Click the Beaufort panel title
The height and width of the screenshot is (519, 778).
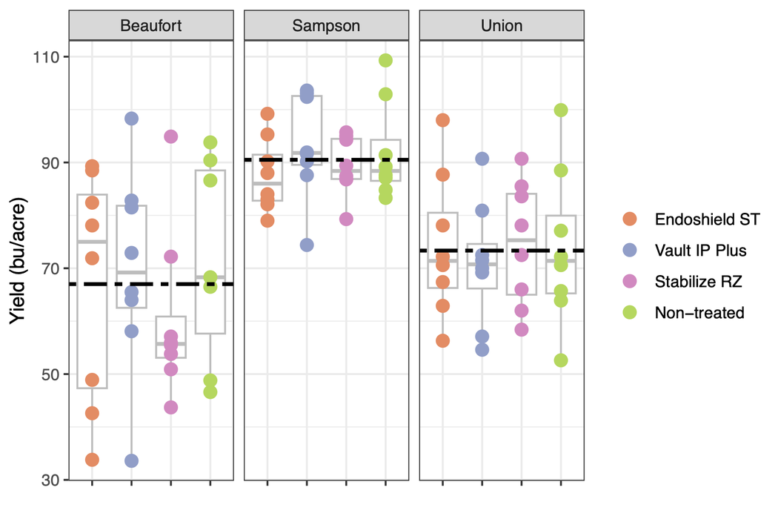[150, 26]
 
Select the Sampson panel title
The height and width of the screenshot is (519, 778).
[326, 26]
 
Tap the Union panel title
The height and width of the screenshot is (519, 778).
[501, 26]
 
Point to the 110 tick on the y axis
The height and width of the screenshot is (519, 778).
[48, 57]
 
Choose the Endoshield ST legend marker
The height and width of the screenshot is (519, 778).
[629, 219]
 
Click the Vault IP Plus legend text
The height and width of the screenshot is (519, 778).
[700, 251]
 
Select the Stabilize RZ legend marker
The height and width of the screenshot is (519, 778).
[629, 282]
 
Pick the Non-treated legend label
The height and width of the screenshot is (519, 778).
[699, 313]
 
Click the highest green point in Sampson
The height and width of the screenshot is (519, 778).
[385, 61]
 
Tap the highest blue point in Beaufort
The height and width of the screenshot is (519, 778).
[131, 119]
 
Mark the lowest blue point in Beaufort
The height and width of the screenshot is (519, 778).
[131, 460]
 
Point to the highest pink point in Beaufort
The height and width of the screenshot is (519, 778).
[170, 136]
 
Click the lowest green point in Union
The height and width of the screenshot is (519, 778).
[561, 360]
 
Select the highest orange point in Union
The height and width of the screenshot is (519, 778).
[442, 120]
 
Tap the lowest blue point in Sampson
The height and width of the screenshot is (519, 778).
[306, 245]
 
